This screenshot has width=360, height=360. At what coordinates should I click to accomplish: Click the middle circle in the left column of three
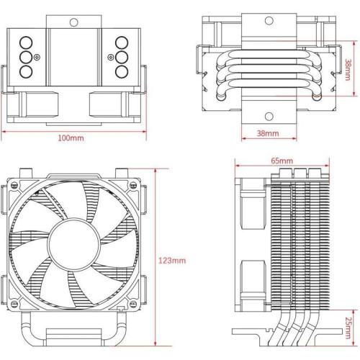(27, 56)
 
